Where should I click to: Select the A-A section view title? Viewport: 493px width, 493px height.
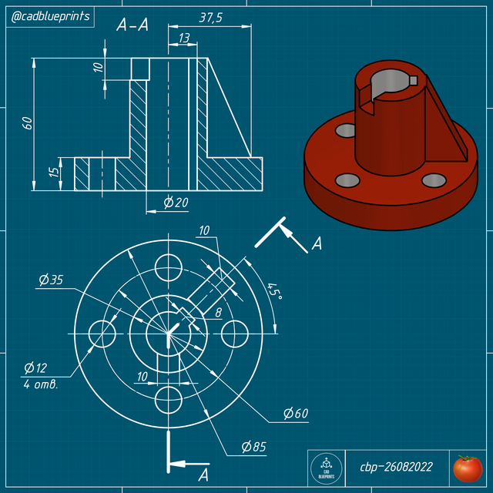[x=132, y=25]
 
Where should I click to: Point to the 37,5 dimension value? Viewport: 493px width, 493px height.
[x=210, y=18]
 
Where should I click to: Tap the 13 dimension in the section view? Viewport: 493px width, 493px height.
[x=184, y=38]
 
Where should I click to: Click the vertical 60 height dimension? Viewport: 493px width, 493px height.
[x=28, y=123]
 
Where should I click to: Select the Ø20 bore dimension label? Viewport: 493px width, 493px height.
[x=176, y=203]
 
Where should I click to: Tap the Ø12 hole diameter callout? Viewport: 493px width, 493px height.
[x=35, y=367]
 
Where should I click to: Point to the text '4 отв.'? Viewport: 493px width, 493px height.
[x=41, y=384]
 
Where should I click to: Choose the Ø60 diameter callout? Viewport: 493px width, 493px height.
[x=295, y=414]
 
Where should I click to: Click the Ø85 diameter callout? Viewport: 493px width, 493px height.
[x=253, y=447]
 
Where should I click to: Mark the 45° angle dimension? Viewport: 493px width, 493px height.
[x=273, y=293]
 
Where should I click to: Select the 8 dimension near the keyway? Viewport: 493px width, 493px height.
[x=218, y=313]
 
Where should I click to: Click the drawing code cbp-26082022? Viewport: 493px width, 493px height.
[x=396, y=467]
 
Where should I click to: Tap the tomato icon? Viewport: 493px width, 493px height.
[x=467, y=467]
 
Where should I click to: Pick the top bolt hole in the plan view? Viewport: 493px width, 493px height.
[x=168, y=268]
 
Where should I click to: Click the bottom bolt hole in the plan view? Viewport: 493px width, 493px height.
[x=168, y=399]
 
